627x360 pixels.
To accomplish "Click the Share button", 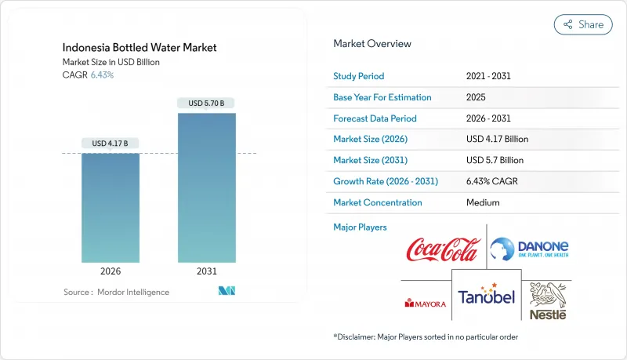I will pos(583,24).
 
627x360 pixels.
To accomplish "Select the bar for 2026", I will pos(111,208).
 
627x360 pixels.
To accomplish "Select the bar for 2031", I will pos(207,188).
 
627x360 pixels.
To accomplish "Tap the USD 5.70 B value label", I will pos(207,103).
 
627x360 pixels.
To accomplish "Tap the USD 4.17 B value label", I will pos(111,143).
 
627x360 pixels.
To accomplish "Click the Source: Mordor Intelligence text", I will pos(116,292).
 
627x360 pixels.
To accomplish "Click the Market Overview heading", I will pos(372,43).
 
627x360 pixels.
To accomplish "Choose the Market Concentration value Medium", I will pos(483,202).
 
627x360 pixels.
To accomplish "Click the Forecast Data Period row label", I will pos(375,118).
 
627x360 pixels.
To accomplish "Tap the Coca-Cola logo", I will pos(441,250).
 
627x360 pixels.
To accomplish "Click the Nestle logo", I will pos(547,301).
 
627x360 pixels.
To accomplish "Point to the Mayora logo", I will pos(425,302).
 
